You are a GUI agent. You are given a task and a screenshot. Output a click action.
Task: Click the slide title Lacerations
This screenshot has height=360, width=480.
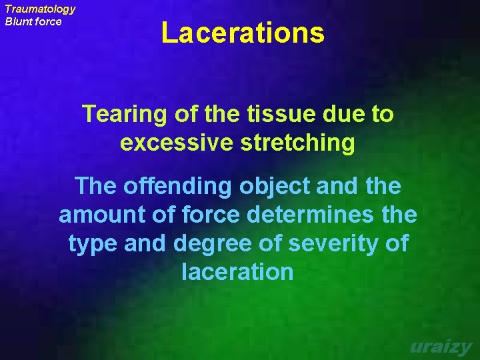pyautogui.click(x=243, y=33)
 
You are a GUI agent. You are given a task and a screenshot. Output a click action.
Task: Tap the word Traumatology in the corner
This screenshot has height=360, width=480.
pyautogui.click(x=40, y=9)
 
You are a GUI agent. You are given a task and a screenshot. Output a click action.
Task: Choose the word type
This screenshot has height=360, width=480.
pyautogui.click(x=93, y=244)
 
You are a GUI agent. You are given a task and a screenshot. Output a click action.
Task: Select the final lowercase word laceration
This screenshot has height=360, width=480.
pyautogui.click(x=237, y=272)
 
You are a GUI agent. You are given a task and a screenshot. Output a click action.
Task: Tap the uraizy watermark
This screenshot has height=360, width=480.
pyautogui.click(x=441, y=347)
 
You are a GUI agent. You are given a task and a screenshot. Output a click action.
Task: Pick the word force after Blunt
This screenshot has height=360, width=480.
pyautogui.click(x=49, y=21)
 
